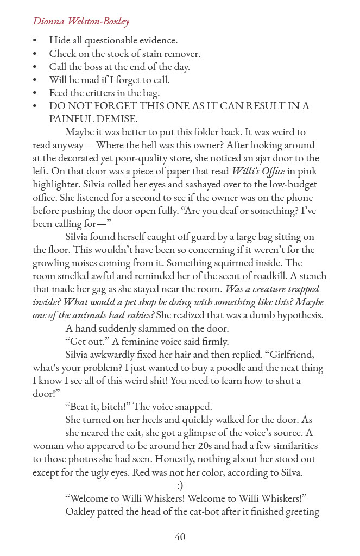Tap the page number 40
[x=180, y=537]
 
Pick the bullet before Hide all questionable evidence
[x=35, y=41]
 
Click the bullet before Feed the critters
[x=35, y=93]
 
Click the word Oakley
[x=80, y=511]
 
